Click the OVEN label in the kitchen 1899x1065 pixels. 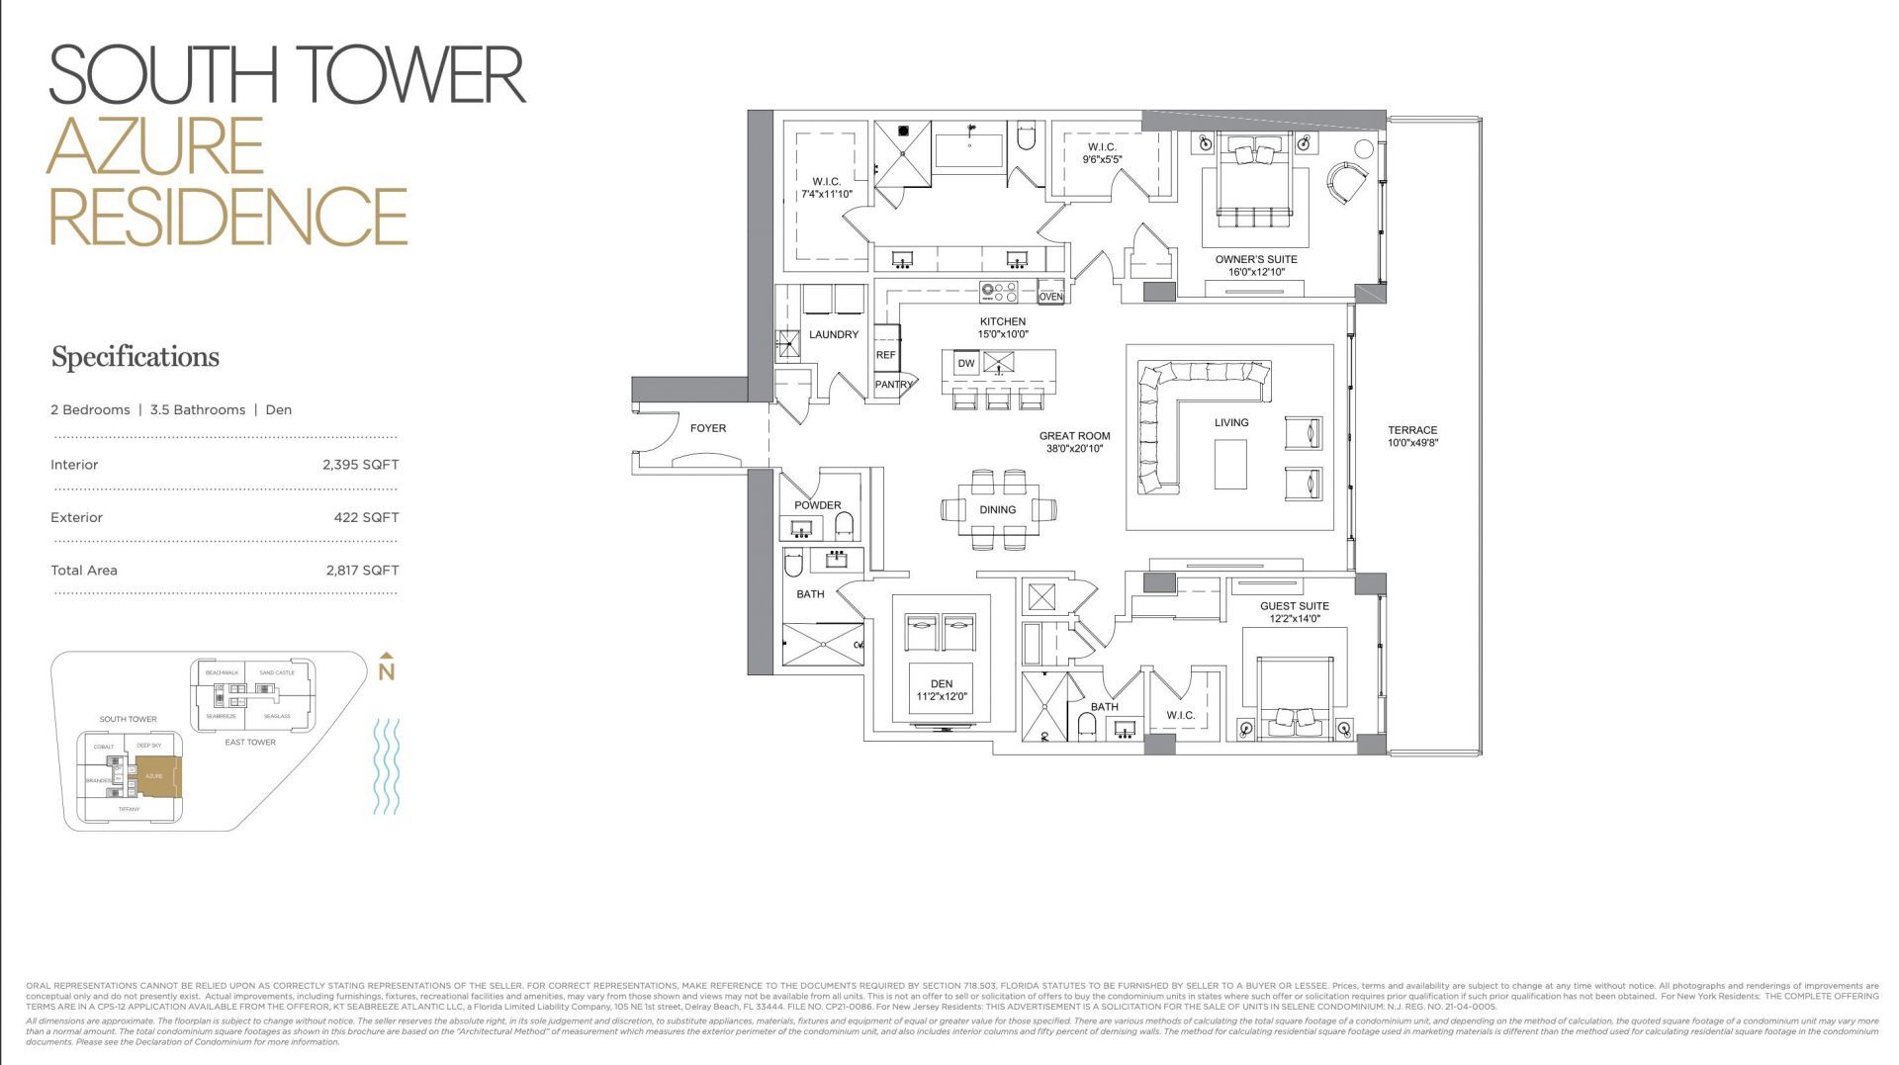tap(1050, 297)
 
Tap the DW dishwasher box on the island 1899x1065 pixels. tap(966, 363)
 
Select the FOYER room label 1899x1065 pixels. tap(707, 428)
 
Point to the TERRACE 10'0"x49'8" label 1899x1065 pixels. tap(1412, 436)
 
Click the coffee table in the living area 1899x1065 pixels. tap(1230, 464)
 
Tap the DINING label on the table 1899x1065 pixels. tap(997, 510)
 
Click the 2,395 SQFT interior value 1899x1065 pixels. tap(360, 465)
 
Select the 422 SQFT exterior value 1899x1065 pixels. tap(366, 517)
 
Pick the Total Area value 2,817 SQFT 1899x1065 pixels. tap(362, 571)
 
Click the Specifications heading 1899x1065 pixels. tap(136, 357)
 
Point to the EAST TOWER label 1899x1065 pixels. tap(249, 742)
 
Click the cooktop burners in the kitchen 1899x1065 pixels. tap(998, 293)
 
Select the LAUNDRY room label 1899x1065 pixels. tap(834, 334)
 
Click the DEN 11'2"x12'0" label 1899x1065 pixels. tap(942, 690)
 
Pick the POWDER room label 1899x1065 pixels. tap(817, 505)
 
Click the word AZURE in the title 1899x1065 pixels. tap(155, 146)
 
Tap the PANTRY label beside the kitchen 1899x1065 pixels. tap(893, 385)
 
